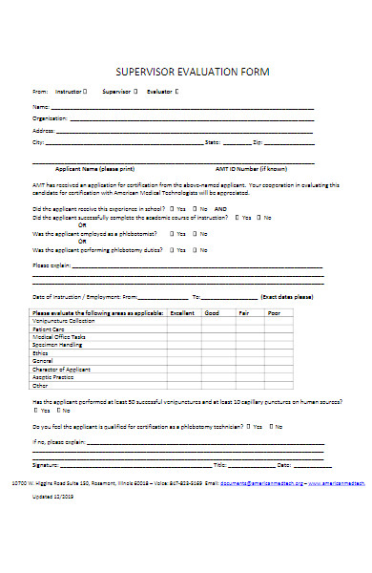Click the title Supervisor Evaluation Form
pyautogui.click(x=192, y=72)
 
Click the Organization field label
pyautogui.click(x=49, y=117)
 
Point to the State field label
pyautogui.click(x=212, y=141)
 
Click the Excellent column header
pyautogui.click(x=181, y=312)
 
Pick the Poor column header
pyautogui.click(x=273, y=312)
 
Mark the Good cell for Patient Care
pyautogui.click(x=213, y=329)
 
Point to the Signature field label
pyautogui.click(x=46, y=464)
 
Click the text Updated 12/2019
pyautogui.click(x=54, y=498)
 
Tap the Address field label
pyautogui.click(x=43, y=129)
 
